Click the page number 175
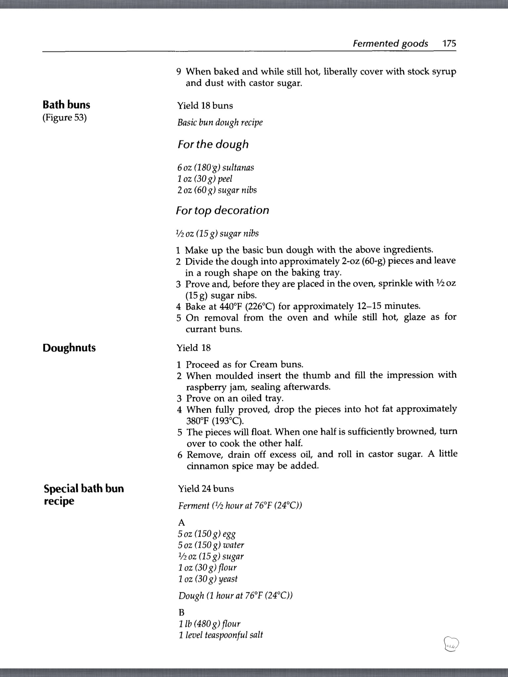pos(449,43)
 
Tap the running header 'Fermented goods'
pos(390,44)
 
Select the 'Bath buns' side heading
pos(66,105)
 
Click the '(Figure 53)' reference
pos(64,118)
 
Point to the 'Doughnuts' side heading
pos(69,348)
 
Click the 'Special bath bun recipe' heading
pos(84,495)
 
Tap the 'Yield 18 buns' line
pos(205,106)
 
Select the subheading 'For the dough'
pos(213,144)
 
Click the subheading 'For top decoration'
pos(223,211)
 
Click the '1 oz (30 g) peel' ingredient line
pos(205,179)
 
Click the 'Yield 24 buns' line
pos(206,489)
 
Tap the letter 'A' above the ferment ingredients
pos(182,522)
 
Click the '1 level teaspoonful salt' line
pos(221,635)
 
